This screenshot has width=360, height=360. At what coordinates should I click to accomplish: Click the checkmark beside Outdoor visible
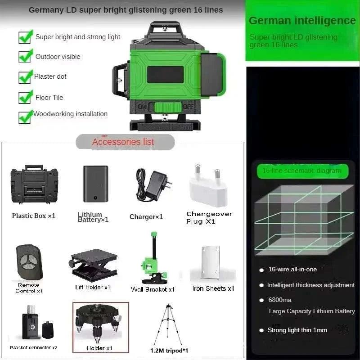(25, 56)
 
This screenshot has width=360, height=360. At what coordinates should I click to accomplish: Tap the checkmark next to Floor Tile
(25, 97)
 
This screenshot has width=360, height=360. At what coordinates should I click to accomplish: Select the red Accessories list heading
(123, 142)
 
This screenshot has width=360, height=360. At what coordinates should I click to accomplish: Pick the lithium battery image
(95, 184)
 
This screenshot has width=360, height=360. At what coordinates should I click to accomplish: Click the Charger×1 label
(146, 217)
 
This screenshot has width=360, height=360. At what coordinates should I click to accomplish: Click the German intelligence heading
(302, 20)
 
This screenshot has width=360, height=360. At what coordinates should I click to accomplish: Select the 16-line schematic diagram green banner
(301, 171)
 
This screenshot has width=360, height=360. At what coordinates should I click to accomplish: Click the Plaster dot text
(50, 76)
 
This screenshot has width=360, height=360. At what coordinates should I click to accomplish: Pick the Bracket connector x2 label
(34, 347)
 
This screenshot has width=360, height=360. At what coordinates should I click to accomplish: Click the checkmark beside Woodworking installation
(25, 116)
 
